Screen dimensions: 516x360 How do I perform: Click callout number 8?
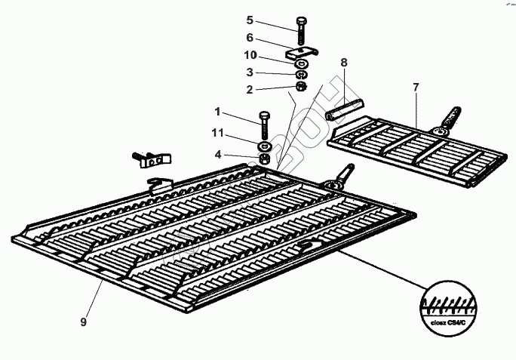tap(343, 64)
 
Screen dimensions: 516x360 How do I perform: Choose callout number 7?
tap(415, 88)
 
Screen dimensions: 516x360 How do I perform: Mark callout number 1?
tap(217, 112)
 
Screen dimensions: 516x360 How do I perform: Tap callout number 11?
tap(217, 134)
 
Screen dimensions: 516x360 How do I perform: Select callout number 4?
tap(217, 155)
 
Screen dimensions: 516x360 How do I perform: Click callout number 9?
tap(84, 322)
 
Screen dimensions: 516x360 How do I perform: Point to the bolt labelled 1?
tap(264, 124)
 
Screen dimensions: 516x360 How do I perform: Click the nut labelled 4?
tap(266, 159)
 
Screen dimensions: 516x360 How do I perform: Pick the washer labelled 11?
tap(266, 145)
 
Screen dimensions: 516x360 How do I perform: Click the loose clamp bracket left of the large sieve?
tap(152, 159)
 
